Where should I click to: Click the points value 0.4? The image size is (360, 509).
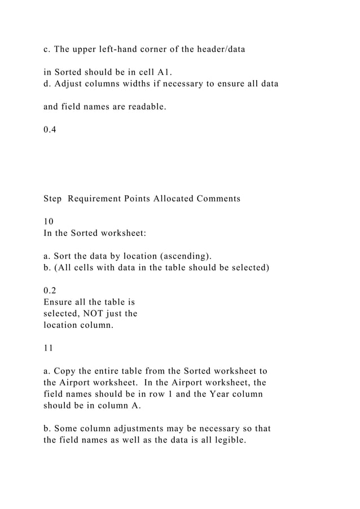pyautogui.click(x=50, y=130)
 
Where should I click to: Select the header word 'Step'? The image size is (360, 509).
pyautogui.click(x=52, y=199)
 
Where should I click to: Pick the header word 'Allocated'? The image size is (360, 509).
pyautogui.click(x=172, y=199)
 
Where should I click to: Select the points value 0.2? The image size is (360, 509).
pyautogui.click(x=50, y=291)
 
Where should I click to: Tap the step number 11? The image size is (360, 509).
pyautogui.click(x=49, y=348)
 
